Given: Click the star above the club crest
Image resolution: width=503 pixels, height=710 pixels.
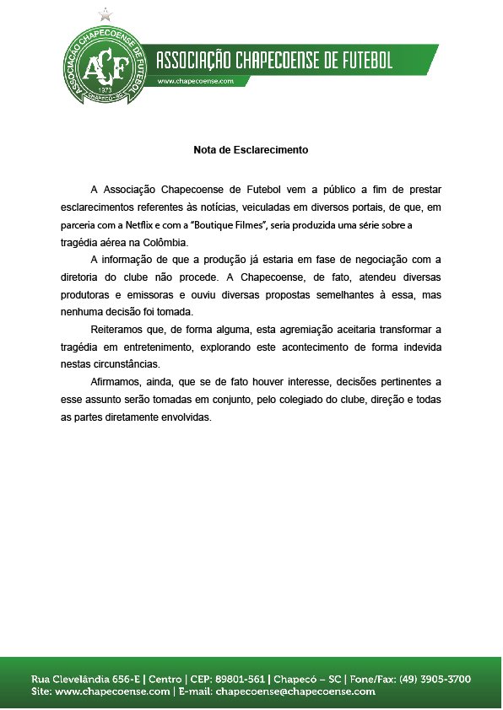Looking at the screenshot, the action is click(105, 13).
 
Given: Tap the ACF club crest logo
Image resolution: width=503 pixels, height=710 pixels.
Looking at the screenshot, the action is click(105, 62).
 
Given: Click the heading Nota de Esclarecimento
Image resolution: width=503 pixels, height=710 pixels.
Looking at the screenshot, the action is click(251, 150).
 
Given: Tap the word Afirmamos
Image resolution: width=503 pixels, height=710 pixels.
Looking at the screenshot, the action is click(116, 380).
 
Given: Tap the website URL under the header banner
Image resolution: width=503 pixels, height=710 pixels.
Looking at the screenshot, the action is click(195, 80).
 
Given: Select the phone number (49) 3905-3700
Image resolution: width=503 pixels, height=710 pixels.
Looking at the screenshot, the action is click(431, 679).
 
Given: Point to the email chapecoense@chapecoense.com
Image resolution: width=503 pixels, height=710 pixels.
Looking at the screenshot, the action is click(295, 691).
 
